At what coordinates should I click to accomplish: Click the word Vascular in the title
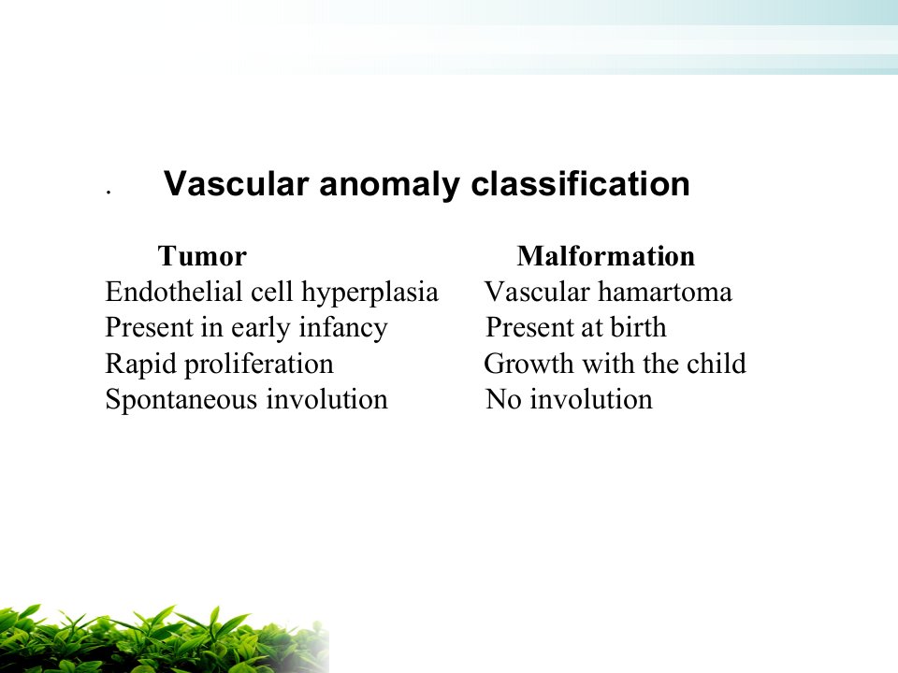coord(236,184)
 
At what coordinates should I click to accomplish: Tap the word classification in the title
coord(580,184)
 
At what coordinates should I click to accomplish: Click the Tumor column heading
coord(202,256)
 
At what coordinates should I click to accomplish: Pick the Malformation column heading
coord(606,256)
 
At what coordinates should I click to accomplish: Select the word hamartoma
coord(665,292)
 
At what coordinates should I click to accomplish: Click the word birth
coord(639,327)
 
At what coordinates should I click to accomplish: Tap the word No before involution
coord(504,399)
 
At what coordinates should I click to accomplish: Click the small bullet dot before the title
coord(108,193)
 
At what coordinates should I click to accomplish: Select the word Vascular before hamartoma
coord(537,292)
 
